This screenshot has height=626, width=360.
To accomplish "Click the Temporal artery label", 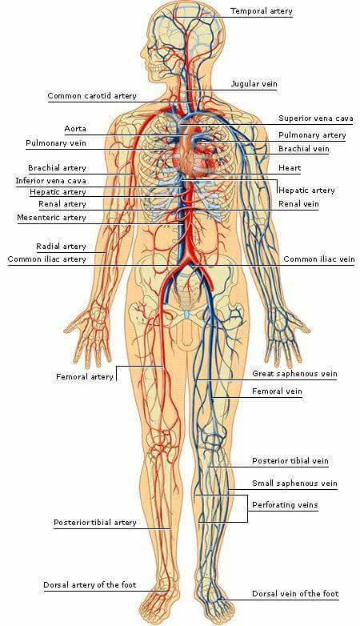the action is click(x=262, y=11).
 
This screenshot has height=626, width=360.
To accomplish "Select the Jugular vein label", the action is click(x=254, y=84).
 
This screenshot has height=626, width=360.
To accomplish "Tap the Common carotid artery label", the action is click(x=92, y=96).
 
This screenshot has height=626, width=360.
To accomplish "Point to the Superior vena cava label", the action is click(x=316, y=118).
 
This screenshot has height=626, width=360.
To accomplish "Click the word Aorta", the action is click(x=75, y=129).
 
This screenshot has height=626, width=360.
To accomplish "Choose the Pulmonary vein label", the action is click(x=56, y=143).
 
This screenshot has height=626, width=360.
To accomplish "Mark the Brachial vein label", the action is click(x=304, y=149).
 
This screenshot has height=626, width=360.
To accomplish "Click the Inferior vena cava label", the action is click(x=50, y=181).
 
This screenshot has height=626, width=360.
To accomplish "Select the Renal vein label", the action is click(x=298, y=204).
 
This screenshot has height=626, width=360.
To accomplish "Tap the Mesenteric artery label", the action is click(x=51, y=218).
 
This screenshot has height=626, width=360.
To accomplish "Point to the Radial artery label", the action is click(x=61, y=247).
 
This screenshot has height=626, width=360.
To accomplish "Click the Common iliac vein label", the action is click(x=319, y=259).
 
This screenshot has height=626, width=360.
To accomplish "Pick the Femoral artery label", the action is click(x=85, y=376).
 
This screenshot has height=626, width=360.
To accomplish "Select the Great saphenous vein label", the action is click(x=294, y=374).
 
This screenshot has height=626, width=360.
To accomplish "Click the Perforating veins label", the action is click(x=285, y=505).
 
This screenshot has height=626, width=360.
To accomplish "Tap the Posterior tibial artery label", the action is click(x=95, y=523).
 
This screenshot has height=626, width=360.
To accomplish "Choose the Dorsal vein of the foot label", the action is click(x=295, y=594).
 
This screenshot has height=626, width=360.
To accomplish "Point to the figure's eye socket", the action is click(x=152, y=53).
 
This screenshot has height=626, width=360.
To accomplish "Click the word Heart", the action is click(x=290, y=168).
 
